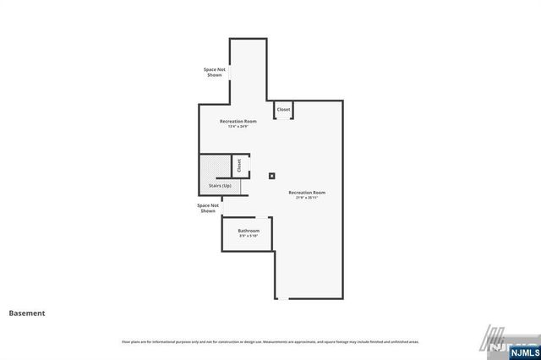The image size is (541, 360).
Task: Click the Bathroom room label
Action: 249,231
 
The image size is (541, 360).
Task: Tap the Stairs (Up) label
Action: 220,185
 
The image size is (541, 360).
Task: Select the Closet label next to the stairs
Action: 239,165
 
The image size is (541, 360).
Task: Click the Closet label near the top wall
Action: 283,110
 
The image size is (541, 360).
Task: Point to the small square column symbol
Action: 271,177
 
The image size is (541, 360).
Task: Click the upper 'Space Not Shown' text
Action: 214,72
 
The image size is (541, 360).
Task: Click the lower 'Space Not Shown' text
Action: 208,208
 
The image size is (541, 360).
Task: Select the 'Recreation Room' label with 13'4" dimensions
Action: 238,122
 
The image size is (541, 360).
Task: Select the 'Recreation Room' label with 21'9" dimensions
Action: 307,193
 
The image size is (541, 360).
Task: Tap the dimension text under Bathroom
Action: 249,237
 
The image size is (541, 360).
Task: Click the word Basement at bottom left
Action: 27,313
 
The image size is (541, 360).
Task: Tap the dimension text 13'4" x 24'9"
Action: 238,127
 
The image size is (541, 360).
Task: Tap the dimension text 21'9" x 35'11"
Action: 307,198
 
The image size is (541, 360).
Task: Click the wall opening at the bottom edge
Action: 283,299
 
